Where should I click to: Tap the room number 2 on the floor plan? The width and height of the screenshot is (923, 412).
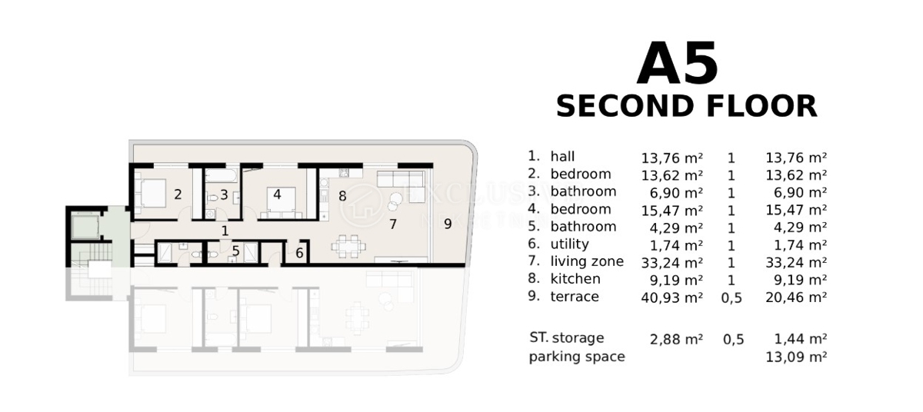click(178, 194)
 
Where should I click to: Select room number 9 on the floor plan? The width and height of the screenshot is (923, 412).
click(448, 224)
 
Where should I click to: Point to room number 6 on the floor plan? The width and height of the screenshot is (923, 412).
click(300, 252)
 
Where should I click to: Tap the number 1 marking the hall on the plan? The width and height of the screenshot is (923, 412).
click(225, 230)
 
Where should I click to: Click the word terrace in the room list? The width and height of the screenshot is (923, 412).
click(574, 297)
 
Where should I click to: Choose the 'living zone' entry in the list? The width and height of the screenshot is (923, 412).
click(587, 261)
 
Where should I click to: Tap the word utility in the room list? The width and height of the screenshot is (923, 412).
click(569, 244)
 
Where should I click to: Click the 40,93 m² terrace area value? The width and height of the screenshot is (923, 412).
click(671, 297)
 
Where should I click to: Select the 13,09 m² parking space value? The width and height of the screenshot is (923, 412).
click(796, 357)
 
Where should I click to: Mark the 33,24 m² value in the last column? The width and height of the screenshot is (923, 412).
click(796, 262)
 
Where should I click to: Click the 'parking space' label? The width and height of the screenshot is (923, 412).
click(577, 357)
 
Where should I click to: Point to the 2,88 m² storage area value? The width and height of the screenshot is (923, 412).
click(671, 338)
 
